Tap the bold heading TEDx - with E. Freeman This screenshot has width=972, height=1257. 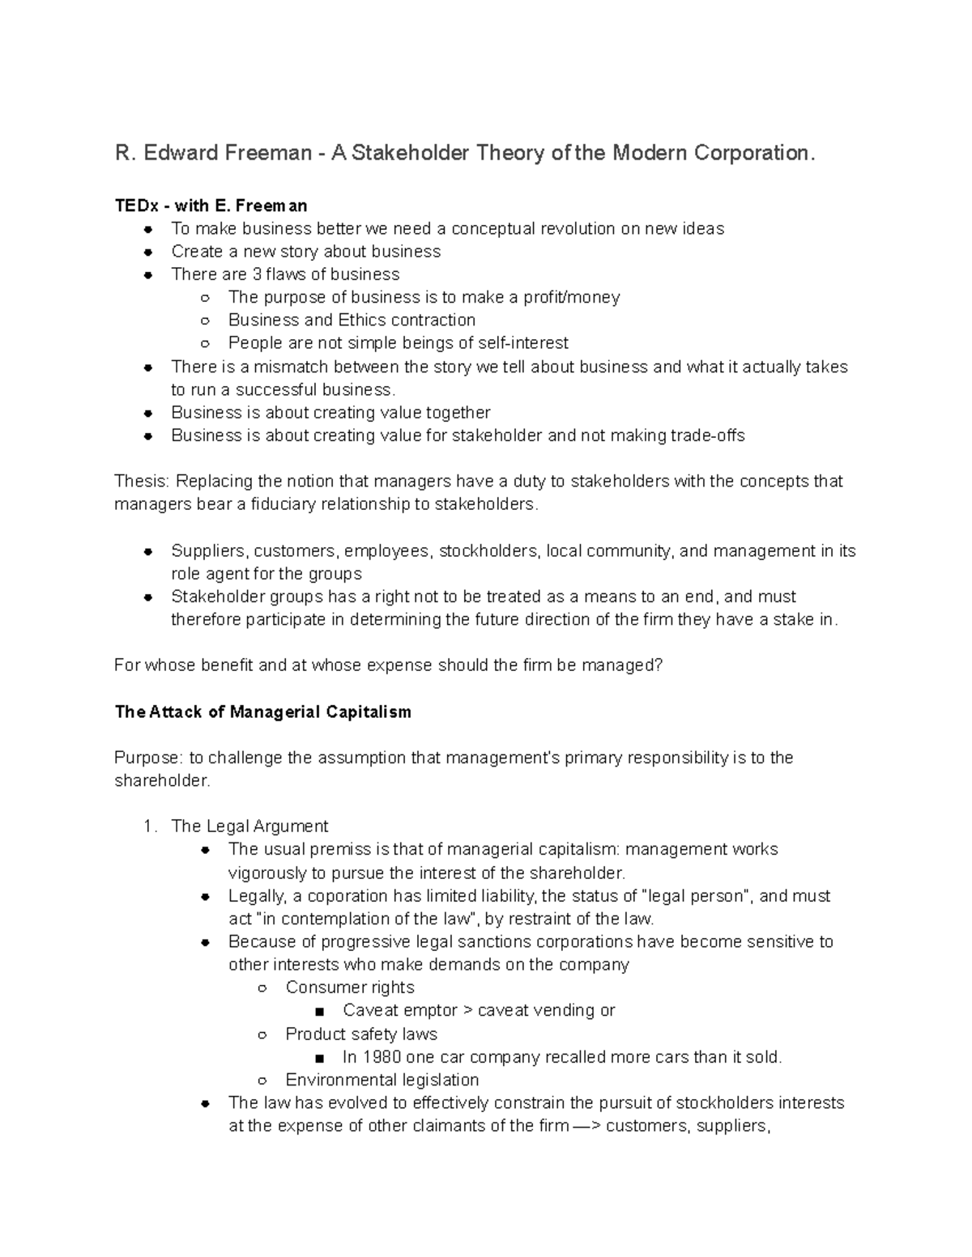click(x=211, y=206)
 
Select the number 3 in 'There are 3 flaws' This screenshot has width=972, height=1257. click(x=258, y=274)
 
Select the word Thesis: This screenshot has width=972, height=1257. click(x=143, y=482)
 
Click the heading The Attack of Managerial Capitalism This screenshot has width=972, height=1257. click(x=262, y=712)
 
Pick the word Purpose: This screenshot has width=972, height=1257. click(x=149, y=758)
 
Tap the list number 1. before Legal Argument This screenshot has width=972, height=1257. click(x=149, y=826)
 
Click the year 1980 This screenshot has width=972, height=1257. click(x=382, y=1057)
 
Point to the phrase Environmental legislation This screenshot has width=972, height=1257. click(x=382, y=1080)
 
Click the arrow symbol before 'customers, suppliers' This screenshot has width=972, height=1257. click(x=586, y=1126)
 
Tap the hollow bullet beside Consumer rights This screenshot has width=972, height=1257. click(x=262, y=988)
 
